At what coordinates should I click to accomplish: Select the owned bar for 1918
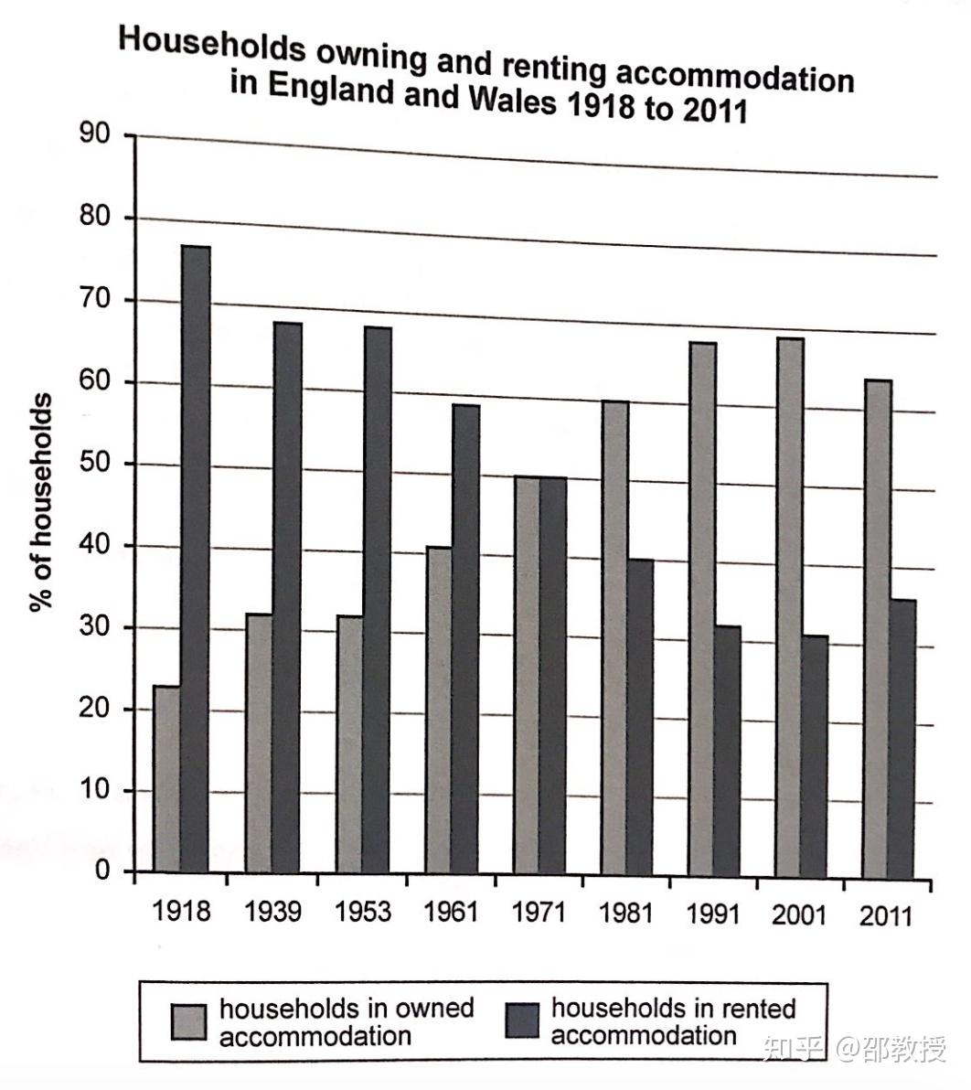166,778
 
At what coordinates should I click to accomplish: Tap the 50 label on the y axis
95,464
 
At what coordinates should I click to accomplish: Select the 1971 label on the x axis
539,913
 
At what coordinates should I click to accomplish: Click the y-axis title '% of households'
41,502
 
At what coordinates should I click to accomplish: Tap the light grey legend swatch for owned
189,1021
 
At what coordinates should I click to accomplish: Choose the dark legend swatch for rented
523,1021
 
